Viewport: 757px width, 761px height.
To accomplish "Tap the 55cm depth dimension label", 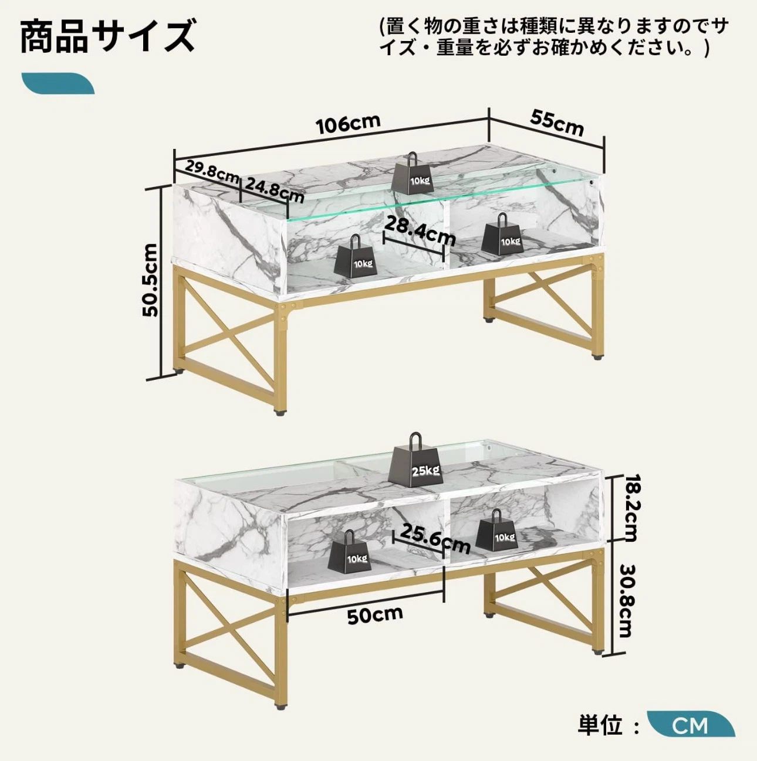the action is [557, 123].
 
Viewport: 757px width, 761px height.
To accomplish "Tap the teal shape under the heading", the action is [58, 83].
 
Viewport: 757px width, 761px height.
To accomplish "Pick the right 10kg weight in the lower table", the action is [496, 529].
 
